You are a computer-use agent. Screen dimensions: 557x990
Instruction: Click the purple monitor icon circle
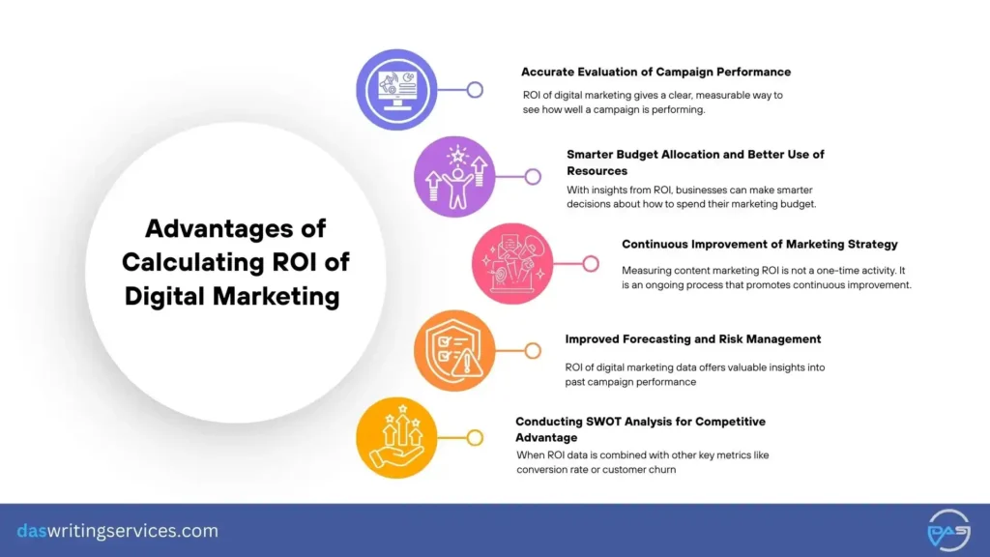coord(396,90)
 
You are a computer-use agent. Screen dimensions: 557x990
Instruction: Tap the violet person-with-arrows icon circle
coord(454,177)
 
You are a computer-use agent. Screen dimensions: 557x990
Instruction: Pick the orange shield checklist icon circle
coord(454,350)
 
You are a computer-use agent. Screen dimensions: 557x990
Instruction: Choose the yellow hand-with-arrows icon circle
coord(396,437)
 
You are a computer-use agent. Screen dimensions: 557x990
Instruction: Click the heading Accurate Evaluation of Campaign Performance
coord(655,72)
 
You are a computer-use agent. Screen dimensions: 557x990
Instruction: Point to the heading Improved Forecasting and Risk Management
coord(693,339)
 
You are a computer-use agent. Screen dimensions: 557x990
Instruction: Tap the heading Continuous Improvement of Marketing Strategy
coord(760,245)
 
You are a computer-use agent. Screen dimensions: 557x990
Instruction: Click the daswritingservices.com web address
coord(117,531)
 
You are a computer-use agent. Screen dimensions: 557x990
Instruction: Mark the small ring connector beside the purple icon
coord(475,90)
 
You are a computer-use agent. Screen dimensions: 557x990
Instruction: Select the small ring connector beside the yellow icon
coord(475,437)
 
